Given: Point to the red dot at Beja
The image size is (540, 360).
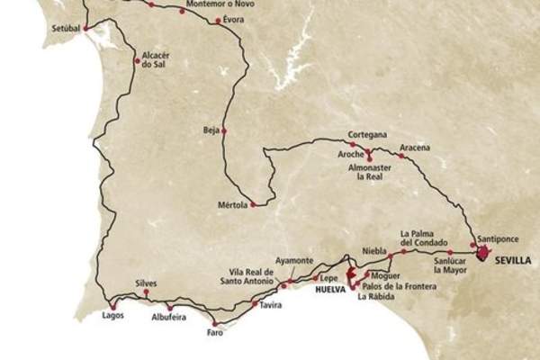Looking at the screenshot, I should coord(224,131).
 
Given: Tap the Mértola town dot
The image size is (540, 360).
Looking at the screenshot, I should coord(254,204).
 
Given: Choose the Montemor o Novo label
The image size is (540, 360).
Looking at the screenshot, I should coord(213,4).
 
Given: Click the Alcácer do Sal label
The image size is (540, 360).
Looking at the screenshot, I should coord(157,58).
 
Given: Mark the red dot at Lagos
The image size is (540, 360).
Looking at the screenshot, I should coord(112,304).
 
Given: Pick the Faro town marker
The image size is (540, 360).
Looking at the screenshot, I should coord(214,323).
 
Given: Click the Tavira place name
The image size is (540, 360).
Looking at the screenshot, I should coord(270,306).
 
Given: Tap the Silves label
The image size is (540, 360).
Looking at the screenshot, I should coord(146,283).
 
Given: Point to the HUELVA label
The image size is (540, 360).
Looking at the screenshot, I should coord(330,290).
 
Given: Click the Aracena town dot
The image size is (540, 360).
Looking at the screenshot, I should coord(401,157).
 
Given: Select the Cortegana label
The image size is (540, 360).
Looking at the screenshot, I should coord(367,135).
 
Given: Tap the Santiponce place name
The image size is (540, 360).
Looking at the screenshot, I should coord(497,229).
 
